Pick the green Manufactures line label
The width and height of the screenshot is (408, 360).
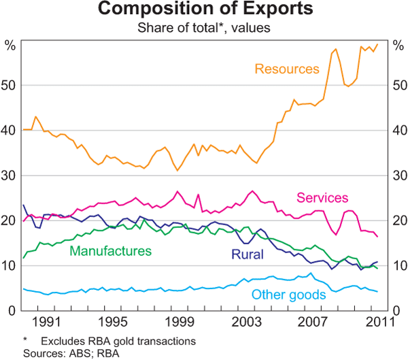coord(111,251)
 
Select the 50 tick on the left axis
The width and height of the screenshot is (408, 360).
coord(13,86)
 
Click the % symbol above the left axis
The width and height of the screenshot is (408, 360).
coord(10,46)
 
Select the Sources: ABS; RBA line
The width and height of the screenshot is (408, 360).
coord(62,353)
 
